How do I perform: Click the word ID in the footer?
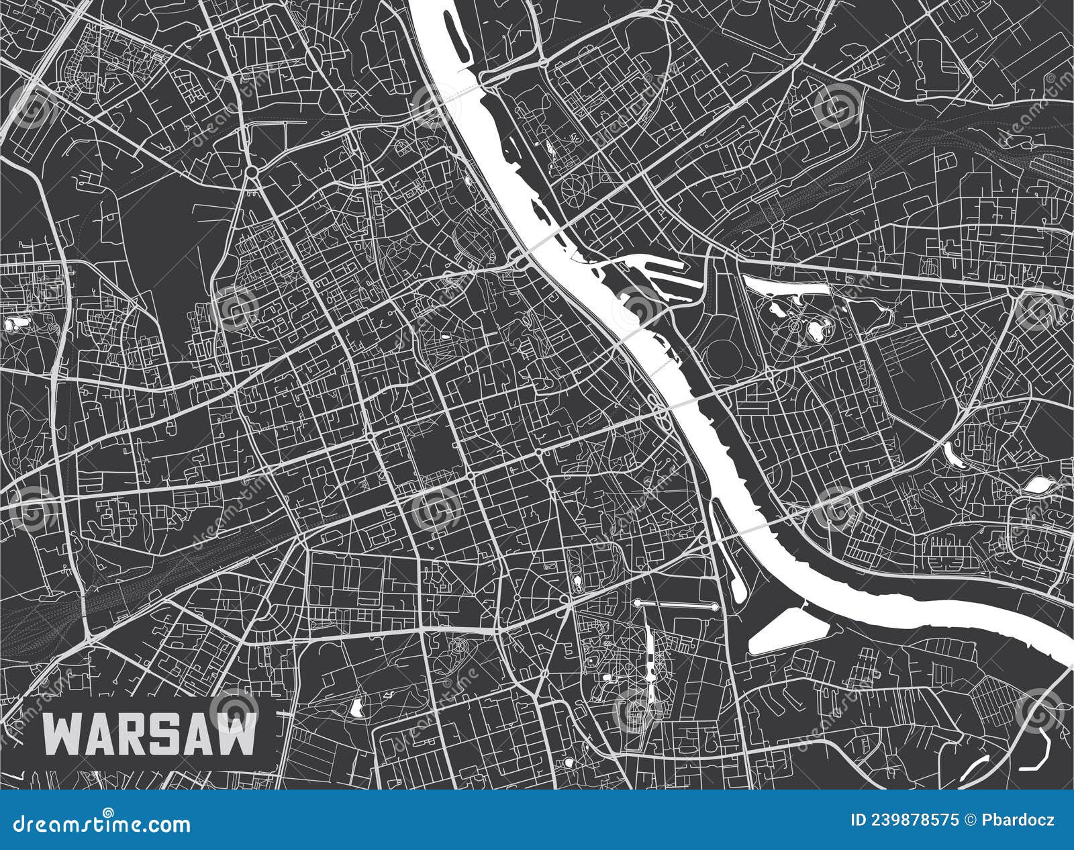coord(858,820)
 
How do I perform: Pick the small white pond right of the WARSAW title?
coord(356,706)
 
